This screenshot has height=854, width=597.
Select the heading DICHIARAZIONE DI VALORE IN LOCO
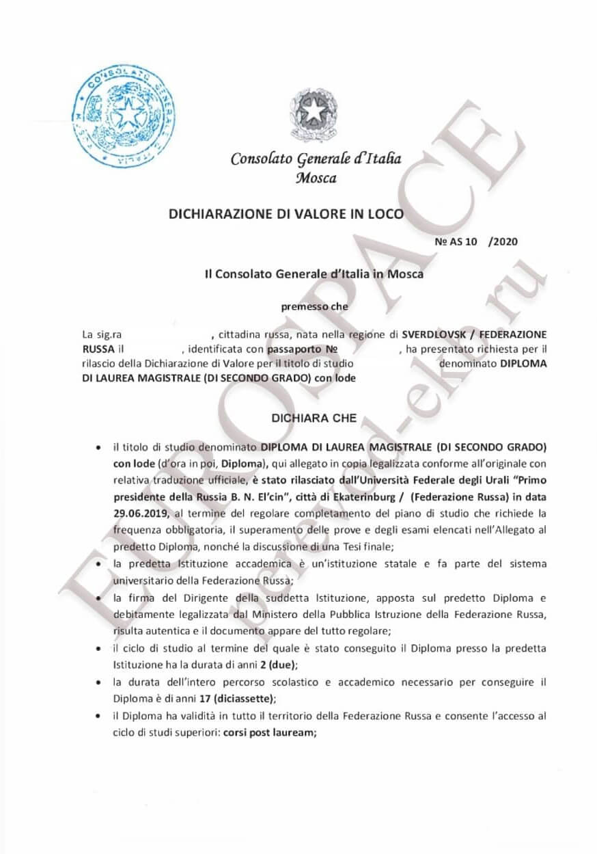[286, 214]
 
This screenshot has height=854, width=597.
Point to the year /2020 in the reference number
[504, 241]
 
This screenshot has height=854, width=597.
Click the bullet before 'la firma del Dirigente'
[100, 598]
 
